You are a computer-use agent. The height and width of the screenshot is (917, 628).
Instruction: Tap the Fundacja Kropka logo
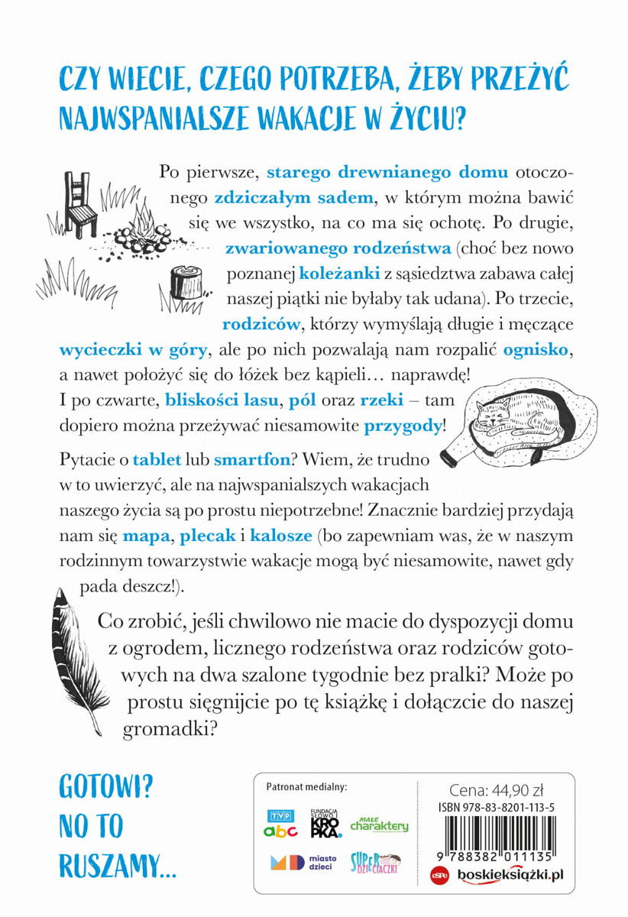coord(325,823)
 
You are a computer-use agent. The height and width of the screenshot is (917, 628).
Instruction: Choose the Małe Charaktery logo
coord(380,824)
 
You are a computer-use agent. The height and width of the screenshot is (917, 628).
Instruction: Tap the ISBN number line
coord(497,807)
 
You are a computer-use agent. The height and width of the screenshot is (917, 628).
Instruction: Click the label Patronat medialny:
coord(306,786)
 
